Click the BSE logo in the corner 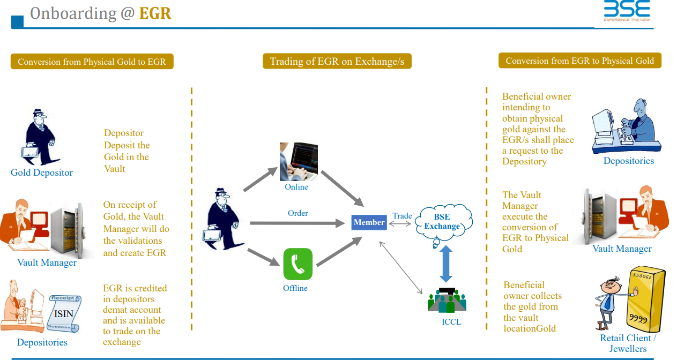pos(627,11)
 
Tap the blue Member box pos(369,222)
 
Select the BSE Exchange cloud pos(443,222)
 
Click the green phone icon pos(297,264)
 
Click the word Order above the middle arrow pos(298,213)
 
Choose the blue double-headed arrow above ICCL pos(446,264)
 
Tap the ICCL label pos(451,322)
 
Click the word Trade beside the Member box pos(402,216)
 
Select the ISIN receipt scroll pos(64,313)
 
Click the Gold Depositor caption pos(42,172)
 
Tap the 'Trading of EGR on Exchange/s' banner pos(337,62)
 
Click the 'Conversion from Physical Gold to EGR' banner pos(92,62)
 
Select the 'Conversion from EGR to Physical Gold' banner pos(579,61)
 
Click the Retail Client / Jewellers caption pos(628,343)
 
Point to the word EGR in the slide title pos(155,13)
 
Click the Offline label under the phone pos(295,288)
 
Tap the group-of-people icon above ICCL pos(447,301)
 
